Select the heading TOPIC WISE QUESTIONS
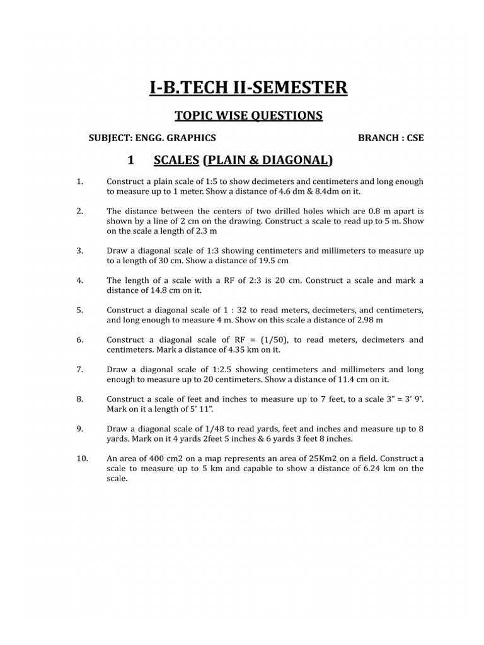coord(248,115)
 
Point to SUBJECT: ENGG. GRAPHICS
coord(153,138)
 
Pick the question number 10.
coord(83,459)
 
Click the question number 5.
coord(80,311)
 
